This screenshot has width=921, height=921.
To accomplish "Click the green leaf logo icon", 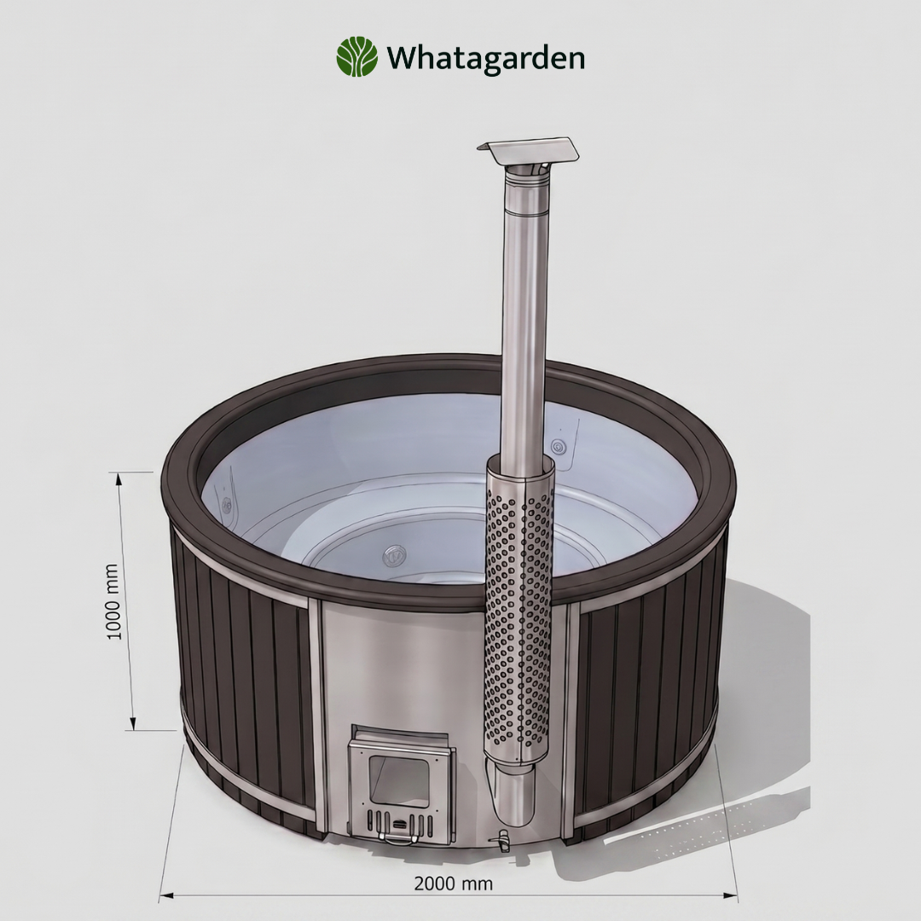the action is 356,57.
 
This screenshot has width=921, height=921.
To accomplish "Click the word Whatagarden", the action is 485,58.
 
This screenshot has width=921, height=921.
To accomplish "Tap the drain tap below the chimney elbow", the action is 501,840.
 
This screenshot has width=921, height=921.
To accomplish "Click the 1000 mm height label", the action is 113,601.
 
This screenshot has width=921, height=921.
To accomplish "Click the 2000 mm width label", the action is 453,883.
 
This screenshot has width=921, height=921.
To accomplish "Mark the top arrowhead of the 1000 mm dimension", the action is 119,478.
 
